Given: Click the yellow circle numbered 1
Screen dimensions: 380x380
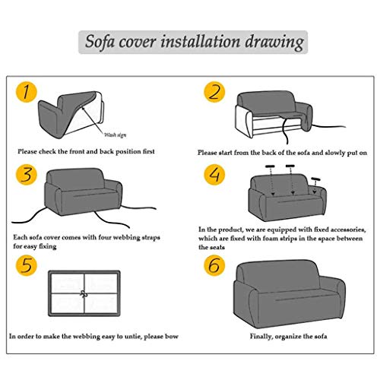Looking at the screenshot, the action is (x=27, y=92).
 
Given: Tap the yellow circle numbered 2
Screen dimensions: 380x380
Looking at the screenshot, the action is (x=214, y=92).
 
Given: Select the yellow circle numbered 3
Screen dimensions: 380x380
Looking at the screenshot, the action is (x=27, y=175).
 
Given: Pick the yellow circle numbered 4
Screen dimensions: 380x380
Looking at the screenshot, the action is (x=214, y=175).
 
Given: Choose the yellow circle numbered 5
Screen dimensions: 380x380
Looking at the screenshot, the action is (x=27, y=265).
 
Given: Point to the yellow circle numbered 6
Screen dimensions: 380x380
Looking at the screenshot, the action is (x=214, y=265).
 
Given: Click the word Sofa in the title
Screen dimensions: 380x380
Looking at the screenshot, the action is (x=100, y=41).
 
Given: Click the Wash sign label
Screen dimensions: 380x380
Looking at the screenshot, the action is (x=116, y=135).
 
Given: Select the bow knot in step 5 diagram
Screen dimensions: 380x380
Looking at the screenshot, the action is (x=84, y=294).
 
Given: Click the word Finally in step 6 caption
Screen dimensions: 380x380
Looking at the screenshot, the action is (x=261, y=337).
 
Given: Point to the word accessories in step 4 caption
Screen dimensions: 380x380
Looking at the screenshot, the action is (x=348, y=230).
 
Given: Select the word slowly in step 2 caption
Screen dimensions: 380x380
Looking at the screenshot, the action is (x=335, y=153).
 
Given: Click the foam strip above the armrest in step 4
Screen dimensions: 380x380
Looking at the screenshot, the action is (x=315, y=179).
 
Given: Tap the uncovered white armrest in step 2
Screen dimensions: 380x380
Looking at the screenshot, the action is (x=244, y=121).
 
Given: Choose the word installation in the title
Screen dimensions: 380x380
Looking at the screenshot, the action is (x=200, y=41).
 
